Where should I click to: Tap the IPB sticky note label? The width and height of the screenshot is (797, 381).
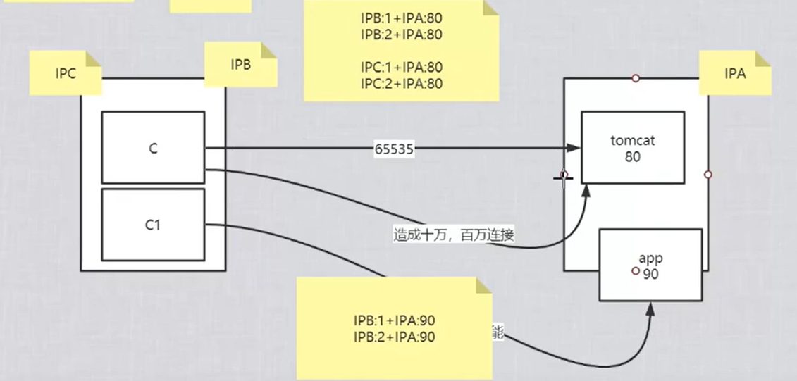240,64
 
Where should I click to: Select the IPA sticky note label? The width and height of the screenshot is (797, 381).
735,73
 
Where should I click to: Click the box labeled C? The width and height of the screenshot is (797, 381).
153,148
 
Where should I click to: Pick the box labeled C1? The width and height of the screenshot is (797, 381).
153,225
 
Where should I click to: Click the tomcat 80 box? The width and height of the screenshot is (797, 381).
632,148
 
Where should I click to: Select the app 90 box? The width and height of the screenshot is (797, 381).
650,265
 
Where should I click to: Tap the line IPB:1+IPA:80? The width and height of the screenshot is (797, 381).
401,18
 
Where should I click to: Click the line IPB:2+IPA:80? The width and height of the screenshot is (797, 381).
401,34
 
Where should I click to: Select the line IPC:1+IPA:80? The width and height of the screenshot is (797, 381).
401,68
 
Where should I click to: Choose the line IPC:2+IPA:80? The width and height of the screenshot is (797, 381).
401,83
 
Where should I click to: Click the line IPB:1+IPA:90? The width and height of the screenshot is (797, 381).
394,320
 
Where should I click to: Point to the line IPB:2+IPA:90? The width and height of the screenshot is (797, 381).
394,337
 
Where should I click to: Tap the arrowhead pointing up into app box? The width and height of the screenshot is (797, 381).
648,306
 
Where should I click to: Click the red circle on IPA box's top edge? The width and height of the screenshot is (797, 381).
636,78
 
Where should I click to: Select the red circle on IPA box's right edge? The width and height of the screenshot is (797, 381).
708,174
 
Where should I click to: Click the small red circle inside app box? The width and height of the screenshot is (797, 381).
636,271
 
